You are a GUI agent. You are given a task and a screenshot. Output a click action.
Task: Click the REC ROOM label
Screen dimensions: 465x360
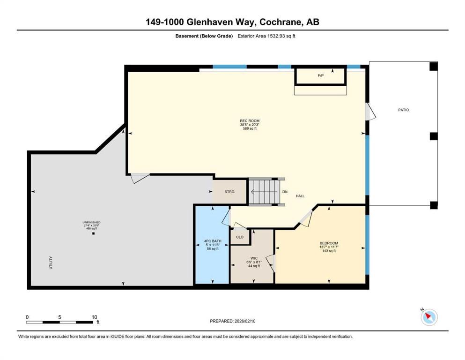click(250, 121)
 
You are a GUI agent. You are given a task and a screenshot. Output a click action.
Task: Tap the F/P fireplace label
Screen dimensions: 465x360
click(321, 75)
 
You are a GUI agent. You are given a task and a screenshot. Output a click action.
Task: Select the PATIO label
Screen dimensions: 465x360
click(403, 110)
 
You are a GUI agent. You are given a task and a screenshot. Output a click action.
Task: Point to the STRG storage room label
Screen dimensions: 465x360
click(229, 192)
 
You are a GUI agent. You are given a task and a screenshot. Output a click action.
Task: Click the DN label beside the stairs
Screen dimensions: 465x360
click(285, 192)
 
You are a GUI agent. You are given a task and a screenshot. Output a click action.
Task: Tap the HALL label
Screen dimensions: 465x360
click(300, 196)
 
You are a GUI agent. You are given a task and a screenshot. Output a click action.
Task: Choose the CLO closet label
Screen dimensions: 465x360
click(240, 237)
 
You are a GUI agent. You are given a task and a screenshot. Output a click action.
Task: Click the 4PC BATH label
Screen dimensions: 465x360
click(213, 241)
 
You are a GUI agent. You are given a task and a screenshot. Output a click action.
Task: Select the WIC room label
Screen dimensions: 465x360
click(254, 258)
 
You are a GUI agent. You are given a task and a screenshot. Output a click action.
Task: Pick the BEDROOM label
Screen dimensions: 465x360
click(329, 243)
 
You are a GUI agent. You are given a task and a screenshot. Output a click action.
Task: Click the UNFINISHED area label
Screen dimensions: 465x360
click(91, 222)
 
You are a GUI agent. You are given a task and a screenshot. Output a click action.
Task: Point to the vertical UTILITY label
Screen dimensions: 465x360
click(51, 262)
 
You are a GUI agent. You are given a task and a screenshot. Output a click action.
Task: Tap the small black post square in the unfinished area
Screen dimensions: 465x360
click(93, 233)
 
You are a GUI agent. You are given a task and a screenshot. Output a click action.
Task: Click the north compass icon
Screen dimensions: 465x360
click(429, 317)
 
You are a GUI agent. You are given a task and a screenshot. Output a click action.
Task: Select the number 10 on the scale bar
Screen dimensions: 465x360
click(94, 317)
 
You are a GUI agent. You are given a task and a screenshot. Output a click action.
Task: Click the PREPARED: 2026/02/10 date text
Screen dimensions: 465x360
click(232, 321)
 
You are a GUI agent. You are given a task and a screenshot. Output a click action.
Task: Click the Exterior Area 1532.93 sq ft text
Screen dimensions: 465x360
click(266, 36)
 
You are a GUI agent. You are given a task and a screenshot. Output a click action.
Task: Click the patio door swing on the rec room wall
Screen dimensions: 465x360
click(370, 112)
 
